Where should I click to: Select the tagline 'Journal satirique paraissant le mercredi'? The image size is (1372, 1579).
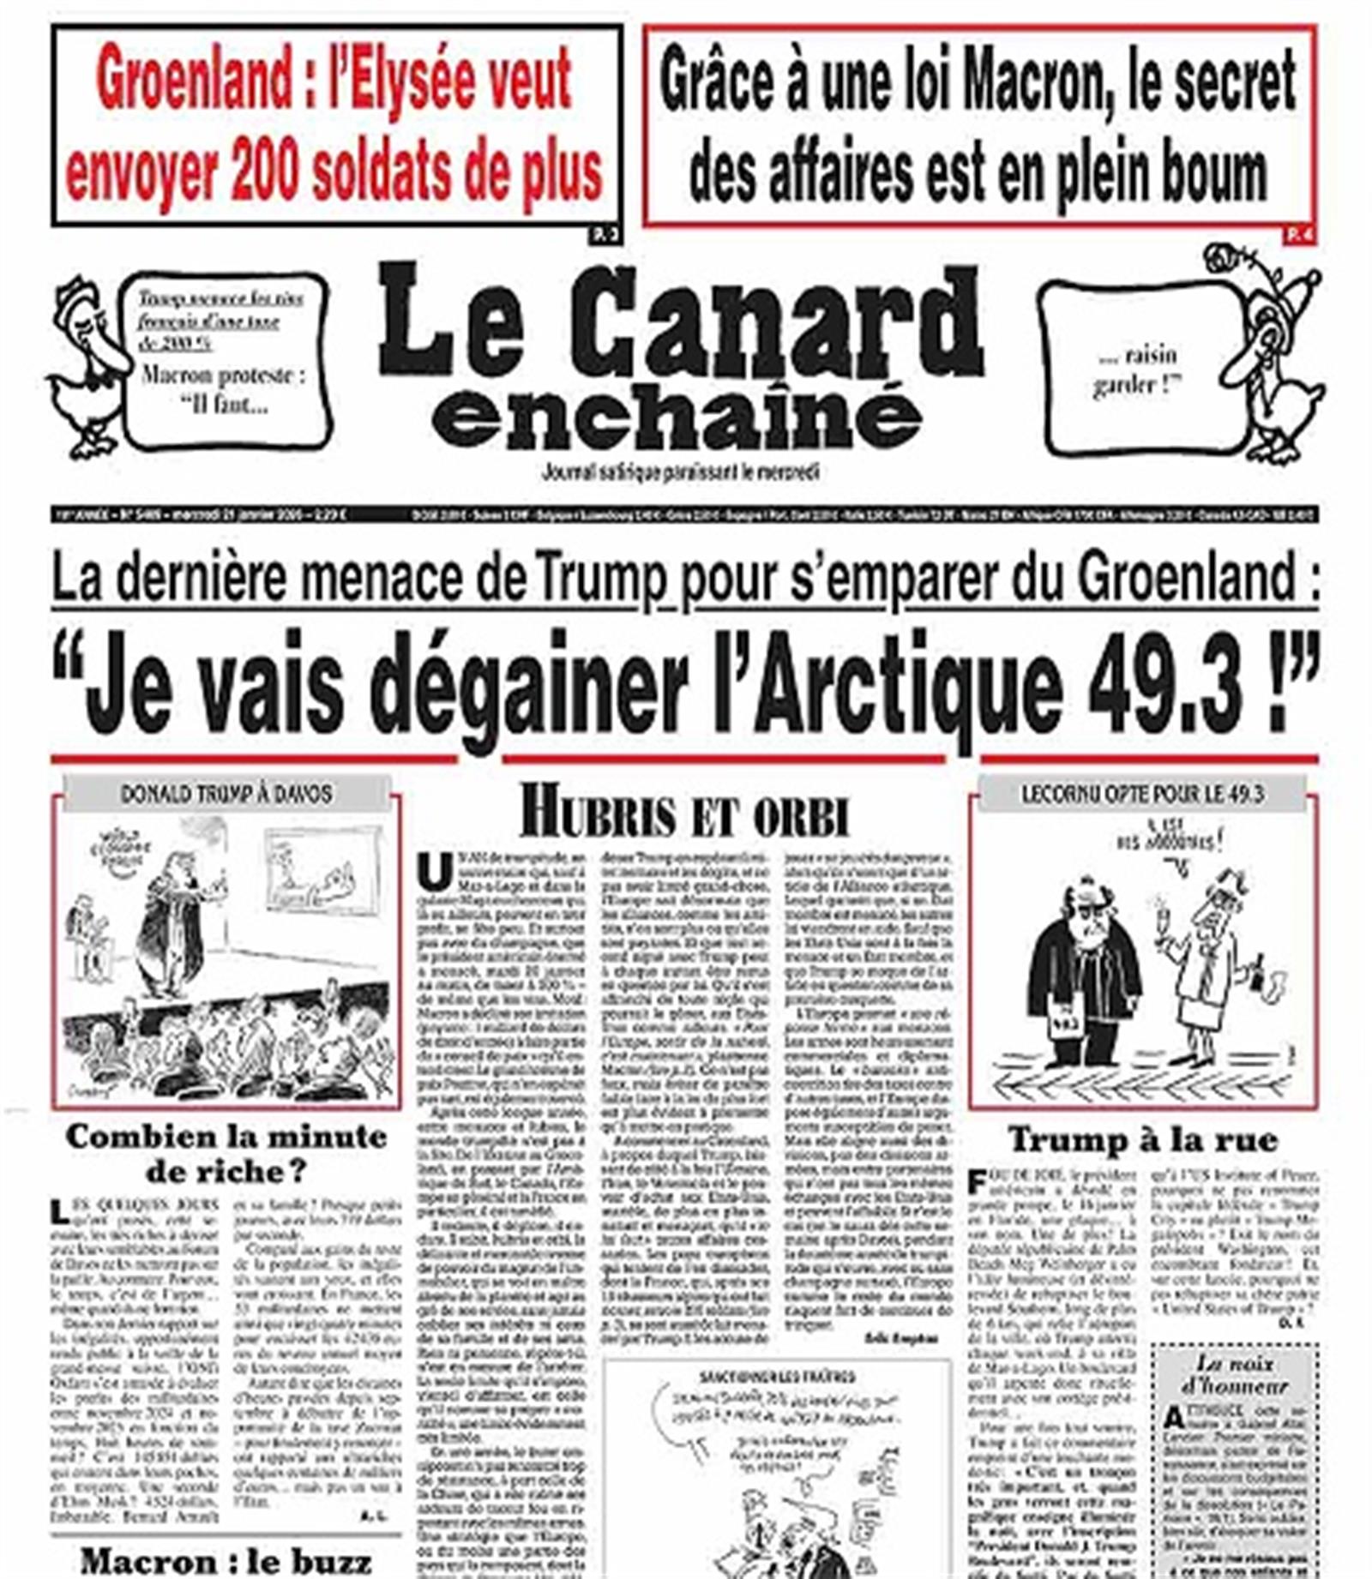tap(681, 471)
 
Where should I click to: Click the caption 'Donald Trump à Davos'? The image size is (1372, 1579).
tap(226, 794)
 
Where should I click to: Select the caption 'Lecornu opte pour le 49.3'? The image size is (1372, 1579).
tap(1141, 794)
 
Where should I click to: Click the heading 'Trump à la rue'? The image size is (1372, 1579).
tap(1142, 1139)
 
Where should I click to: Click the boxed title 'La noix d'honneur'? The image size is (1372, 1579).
tap(1234, 1374)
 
